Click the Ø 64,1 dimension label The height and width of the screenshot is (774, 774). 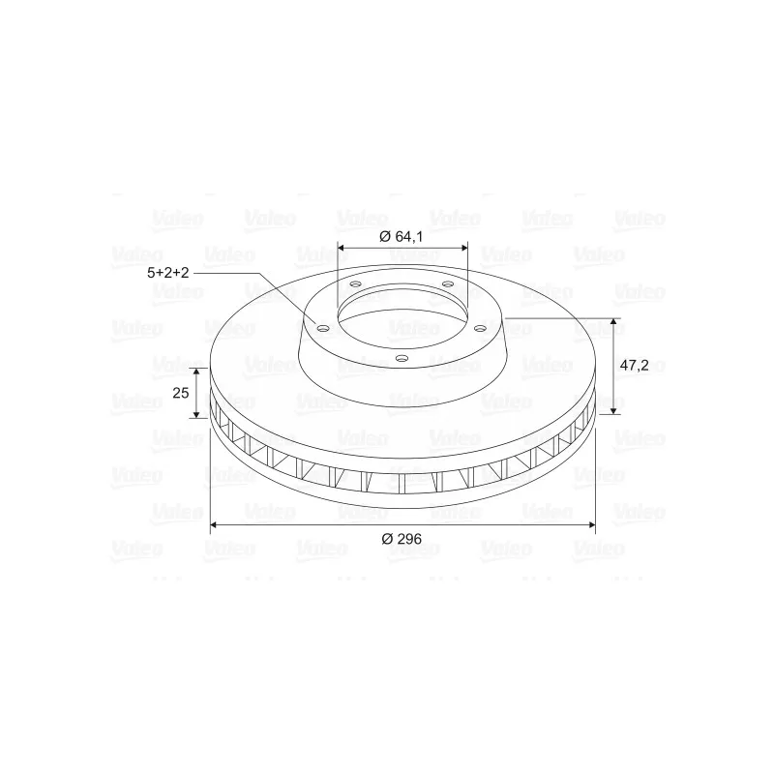pyautogui.click(x=401, y=236)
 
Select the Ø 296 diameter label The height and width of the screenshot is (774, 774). pyautogui.click(x=402, y=539)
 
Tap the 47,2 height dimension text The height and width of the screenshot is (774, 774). pyautogui.click(x=634, y=366)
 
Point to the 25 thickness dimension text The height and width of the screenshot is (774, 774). pyautogui.click(x=181, y=393)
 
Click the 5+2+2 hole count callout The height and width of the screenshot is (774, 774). pyautogui.click(x=167, y=273)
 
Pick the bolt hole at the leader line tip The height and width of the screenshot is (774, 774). pyautogui.click(x=323, y=329)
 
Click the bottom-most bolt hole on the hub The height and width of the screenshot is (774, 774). pyautogui.click(x=402, y=358)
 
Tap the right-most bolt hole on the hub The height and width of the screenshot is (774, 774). pyautogui.click(x=480, y=328)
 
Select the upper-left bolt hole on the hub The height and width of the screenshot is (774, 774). pyautogui.click(x=355, y=284)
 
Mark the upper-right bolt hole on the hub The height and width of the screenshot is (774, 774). pyautogui.click(x=448, y=283)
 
